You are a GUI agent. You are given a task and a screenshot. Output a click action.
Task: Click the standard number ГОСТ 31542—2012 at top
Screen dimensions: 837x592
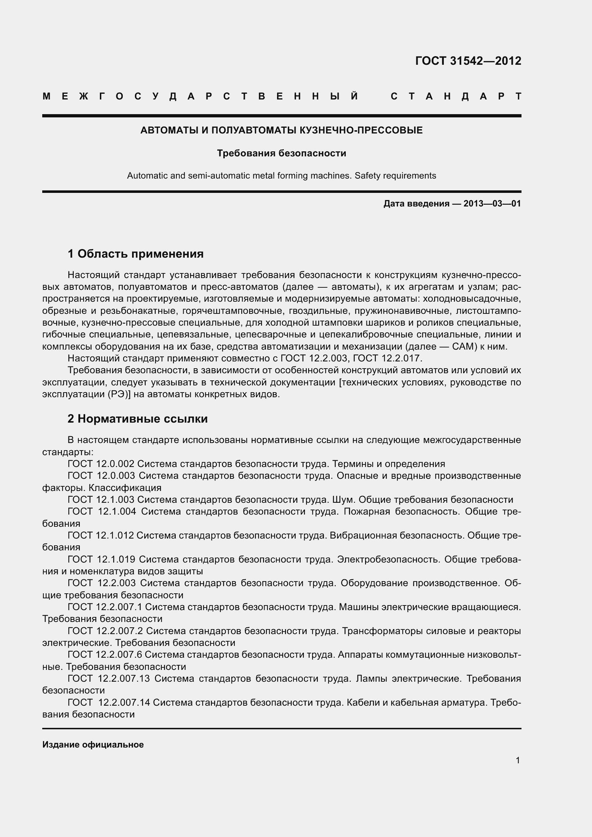coord(468,61)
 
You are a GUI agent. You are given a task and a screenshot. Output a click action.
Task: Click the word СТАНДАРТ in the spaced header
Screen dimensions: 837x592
coord(456,97)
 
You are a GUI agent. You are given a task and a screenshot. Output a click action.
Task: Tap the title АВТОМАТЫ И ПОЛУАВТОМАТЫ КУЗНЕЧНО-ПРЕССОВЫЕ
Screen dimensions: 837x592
coord(281,131)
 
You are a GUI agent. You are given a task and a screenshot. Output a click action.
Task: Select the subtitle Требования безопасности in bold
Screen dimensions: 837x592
coord(281,154)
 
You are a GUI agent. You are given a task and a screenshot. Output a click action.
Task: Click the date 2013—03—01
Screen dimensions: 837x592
coord(492,204)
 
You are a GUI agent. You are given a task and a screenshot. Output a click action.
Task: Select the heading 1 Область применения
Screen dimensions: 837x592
coord(136,254)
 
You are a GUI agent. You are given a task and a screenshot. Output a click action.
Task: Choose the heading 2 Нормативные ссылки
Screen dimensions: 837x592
coord(137,419)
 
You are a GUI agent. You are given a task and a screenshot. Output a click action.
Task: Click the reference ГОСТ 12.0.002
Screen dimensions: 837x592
coord(101,464)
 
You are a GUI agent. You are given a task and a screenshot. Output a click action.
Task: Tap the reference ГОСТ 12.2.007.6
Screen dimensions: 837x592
coord(105,655)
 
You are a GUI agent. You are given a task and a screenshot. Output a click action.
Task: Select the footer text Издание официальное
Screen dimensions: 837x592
coord(93,745)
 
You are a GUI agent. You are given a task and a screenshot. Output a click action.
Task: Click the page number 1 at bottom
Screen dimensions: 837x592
coord(518,760)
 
